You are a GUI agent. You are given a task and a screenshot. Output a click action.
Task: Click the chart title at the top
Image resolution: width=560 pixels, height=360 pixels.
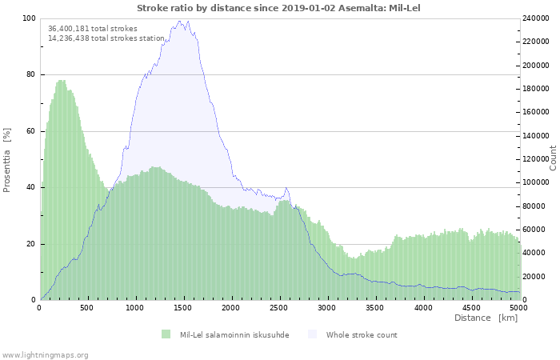(278, 8)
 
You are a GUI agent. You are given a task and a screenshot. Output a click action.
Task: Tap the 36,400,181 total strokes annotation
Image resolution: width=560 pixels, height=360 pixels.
(92, 29)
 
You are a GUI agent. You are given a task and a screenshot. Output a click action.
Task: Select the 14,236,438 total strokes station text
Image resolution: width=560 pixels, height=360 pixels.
(106, 38)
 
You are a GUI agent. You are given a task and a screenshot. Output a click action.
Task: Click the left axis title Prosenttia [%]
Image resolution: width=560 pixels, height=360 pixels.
(7, 159)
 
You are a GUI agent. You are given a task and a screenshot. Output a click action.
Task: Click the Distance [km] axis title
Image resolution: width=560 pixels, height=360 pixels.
(486, 318)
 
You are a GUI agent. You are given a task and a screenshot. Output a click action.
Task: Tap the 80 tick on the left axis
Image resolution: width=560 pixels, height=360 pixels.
(31, 74)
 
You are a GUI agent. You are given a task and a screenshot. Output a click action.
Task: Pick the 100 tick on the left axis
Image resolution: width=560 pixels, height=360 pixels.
(29, 18)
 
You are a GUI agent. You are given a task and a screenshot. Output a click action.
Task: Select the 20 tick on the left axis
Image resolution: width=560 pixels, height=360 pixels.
(31, 244)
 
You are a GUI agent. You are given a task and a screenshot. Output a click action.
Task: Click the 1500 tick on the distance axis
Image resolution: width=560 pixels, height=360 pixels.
(184, 307)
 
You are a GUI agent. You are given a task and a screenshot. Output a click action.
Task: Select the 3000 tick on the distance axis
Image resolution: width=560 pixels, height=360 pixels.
(327, 307)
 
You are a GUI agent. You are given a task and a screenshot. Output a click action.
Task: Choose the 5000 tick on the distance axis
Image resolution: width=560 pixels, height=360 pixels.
(518, 307)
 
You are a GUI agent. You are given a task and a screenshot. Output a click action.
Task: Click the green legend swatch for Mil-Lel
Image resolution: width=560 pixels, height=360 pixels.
(166, 334)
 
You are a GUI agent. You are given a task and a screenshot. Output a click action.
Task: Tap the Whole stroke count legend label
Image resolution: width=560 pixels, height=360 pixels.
(362, 334)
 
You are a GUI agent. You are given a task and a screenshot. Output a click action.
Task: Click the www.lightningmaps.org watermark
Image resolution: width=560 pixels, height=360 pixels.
(45, 354)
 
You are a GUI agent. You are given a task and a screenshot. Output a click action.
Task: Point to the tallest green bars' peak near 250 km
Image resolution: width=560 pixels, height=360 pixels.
(62, 81)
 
